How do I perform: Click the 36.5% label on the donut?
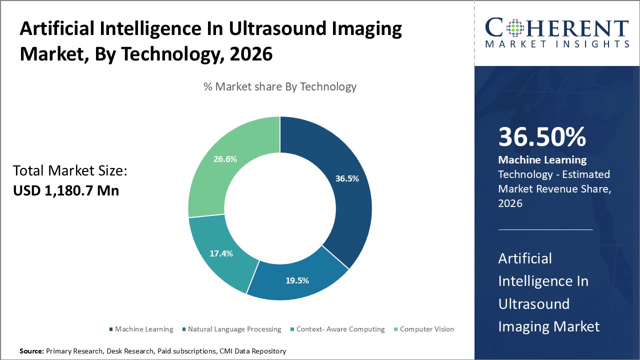pyautogui.click(x=346, y=178)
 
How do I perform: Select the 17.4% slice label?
pyautogui.click(x=221, y=253)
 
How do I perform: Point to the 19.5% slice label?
pyautogui.click(x=297, y=280)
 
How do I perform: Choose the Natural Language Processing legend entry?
pyautogui.click(x=234, y=329)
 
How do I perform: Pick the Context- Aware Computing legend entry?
pyautogui.click(x=340, y=329)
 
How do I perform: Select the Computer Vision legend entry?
pyautogui.click(x=426, y=329)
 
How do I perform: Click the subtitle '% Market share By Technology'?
pyautogui.click(x=280, y=86)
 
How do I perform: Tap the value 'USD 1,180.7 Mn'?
pyautogui.click(x=66, y=190)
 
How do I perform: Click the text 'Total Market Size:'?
pyautogui.click(x=70, y=171)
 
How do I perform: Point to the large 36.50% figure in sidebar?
pyautogui.click(x=542, y=137)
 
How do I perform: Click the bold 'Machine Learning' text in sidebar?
pyautogui.click(x=542, y=160)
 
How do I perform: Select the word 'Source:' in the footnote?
pyautogui.click(x=31, y=351)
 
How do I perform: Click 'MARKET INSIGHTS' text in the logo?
pyautogui.click(x=557, y=44)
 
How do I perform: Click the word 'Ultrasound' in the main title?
pyautogui.click(x=277, y=29)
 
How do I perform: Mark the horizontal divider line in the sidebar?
pyautogui.click(x=545, y=230)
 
